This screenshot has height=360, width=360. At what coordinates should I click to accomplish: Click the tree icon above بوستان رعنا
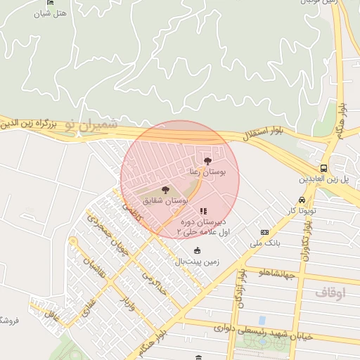click(207, 161)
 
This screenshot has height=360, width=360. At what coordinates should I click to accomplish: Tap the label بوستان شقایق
click(165, 200)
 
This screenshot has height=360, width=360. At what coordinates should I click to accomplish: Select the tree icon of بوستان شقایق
click(165, 190)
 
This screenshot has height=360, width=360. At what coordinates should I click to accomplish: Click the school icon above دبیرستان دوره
click(203, 210)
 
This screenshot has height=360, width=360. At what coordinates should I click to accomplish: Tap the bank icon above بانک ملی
click(264, 232)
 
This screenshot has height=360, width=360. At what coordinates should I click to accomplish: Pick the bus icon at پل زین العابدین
click(323, 169)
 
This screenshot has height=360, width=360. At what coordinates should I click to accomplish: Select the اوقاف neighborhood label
click(330, 292)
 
